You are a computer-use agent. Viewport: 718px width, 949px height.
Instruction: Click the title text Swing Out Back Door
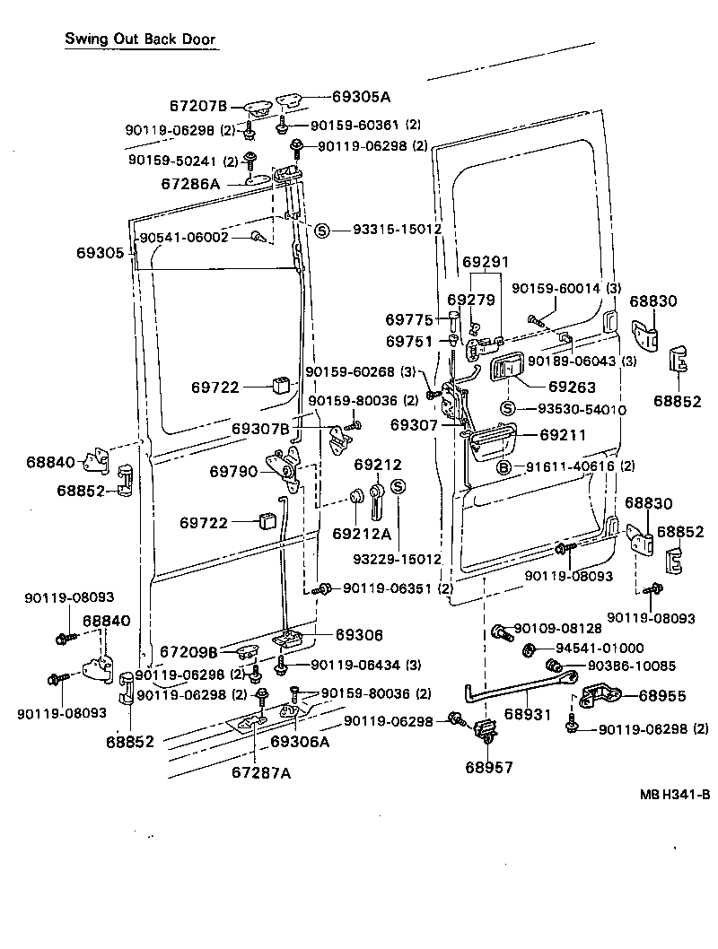[140, 40]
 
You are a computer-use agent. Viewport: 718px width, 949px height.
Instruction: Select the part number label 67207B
[198, 106]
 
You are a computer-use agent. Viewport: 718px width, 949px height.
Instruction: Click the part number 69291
[486, 262]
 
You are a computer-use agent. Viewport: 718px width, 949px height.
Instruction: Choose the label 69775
[409, 319]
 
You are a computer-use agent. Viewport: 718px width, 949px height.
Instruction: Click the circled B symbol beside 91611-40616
[503, 466]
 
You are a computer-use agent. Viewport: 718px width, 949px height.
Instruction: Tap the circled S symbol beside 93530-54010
[507, 410]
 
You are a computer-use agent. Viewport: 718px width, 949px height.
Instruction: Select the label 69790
[233, 470]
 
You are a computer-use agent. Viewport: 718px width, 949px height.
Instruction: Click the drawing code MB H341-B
[675, 794]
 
